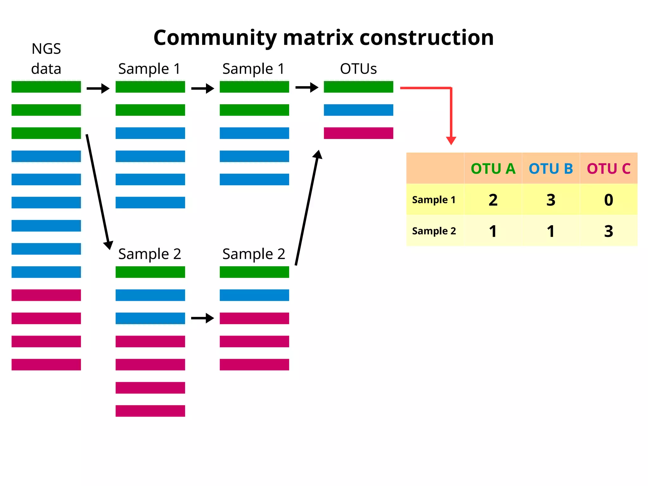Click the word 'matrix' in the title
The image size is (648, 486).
[x=318, y=38]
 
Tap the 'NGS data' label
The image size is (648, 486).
[x=46, y=59]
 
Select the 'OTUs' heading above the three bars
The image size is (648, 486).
[x=358, y=69]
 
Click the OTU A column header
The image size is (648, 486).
[x=493, y=168]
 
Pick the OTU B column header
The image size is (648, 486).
[x=551, y=168]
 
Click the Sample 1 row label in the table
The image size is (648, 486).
[x=434, y=200]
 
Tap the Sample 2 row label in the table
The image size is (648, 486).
[x=434, y=231]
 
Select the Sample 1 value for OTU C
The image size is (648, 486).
[x=608, y=200]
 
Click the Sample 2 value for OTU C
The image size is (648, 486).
[x=608, y=231]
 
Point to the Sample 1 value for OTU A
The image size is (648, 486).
[x=493, y=200]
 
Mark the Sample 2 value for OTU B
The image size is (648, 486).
[x=551, y=231]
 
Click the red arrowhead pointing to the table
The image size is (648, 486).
[x=451, y=140]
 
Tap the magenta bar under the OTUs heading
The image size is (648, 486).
[x=358, y=133]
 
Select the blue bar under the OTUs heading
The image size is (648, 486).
[x=358, y=110]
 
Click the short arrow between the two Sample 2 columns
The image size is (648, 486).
[x=202, y=318]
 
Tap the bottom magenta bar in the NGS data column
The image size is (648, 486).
[x=46, y=364]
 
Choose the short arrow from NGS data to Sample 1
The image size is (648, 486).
[x=98, y=88]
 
